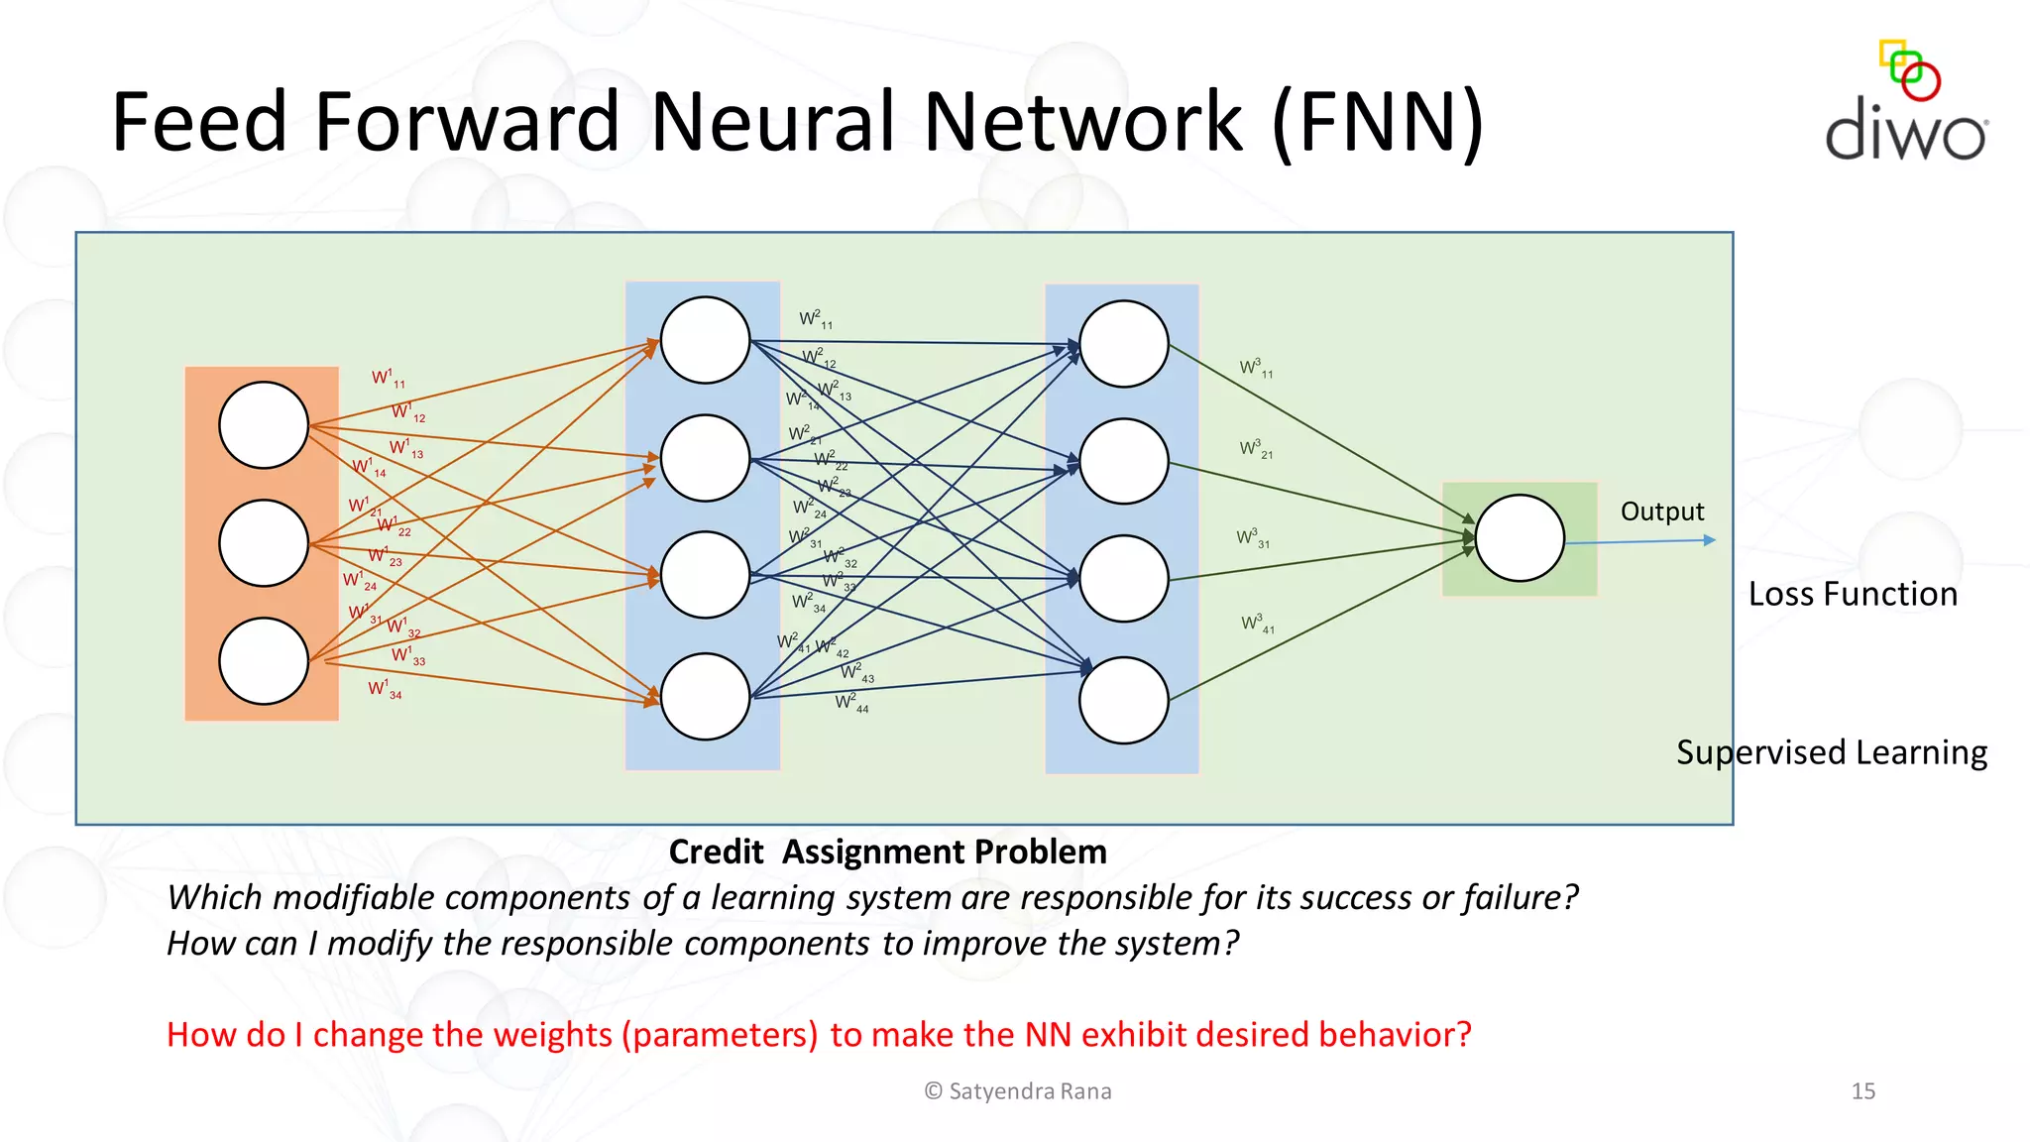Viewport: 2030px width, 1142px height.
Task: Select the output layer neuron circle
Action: pyautogui.click(x=1520, y=537)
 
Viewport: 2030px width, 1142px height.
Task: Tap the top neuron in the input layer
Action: pyautogui.click(x=264, y=425)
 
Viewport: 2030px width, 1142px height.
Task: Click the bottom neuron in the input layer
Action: pyautogui.click(x=264, y=661)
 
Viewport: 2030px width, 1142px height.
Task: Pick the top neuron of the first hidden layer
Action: pyautogui.click(x=705, y=340)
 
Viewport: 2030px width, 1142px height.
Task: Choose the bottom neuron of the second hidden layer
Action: pyautogui.click(x=1123, y=700)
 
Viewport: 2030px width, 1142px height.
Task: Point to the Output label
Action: pyautogui.click(x=1662, y=512)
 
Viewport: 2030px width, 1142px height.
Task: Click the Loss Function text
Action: pyautogui.click(x=1853, y=594)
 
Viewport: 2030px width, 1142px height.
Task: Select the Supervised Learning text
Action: pyautogui.click(x=1832, y=752)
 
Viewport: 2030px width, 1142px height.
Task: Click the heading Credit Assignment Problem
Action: pyautogui.click(x=887, y=852)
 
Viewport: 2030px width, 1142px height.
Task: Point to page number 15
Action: pyautogui.click(x=1862, y=1091)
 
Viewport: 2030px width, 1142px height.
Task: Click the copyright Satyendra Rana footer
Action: pyautogui.click(x=1018, y=1091)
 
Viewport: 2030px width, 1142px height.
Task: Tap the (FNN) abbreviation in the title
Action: pyautogui.click(x=1378, y=122)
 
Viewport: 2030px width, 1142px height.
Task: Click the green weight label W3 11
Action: pyautogui.click(x=1256, y=369)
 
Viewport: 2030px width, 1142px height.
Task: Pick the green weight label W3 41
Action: pyautogui.click(x=1257, y=624)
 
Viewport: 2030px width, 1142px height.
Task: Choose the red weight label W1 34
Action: pyautogui.click(x=385, y=689)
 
